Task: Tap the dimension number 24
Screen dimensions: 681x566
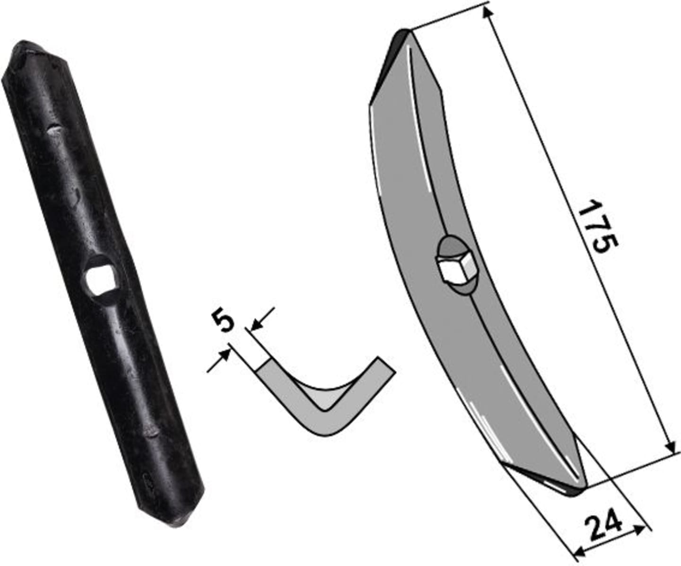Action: tap(608, 529)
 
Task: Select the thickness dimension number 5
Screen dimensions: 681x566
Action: tap(223, 321)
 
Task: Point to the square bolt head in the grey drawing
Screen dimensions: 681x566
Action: tap(455, 266)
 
